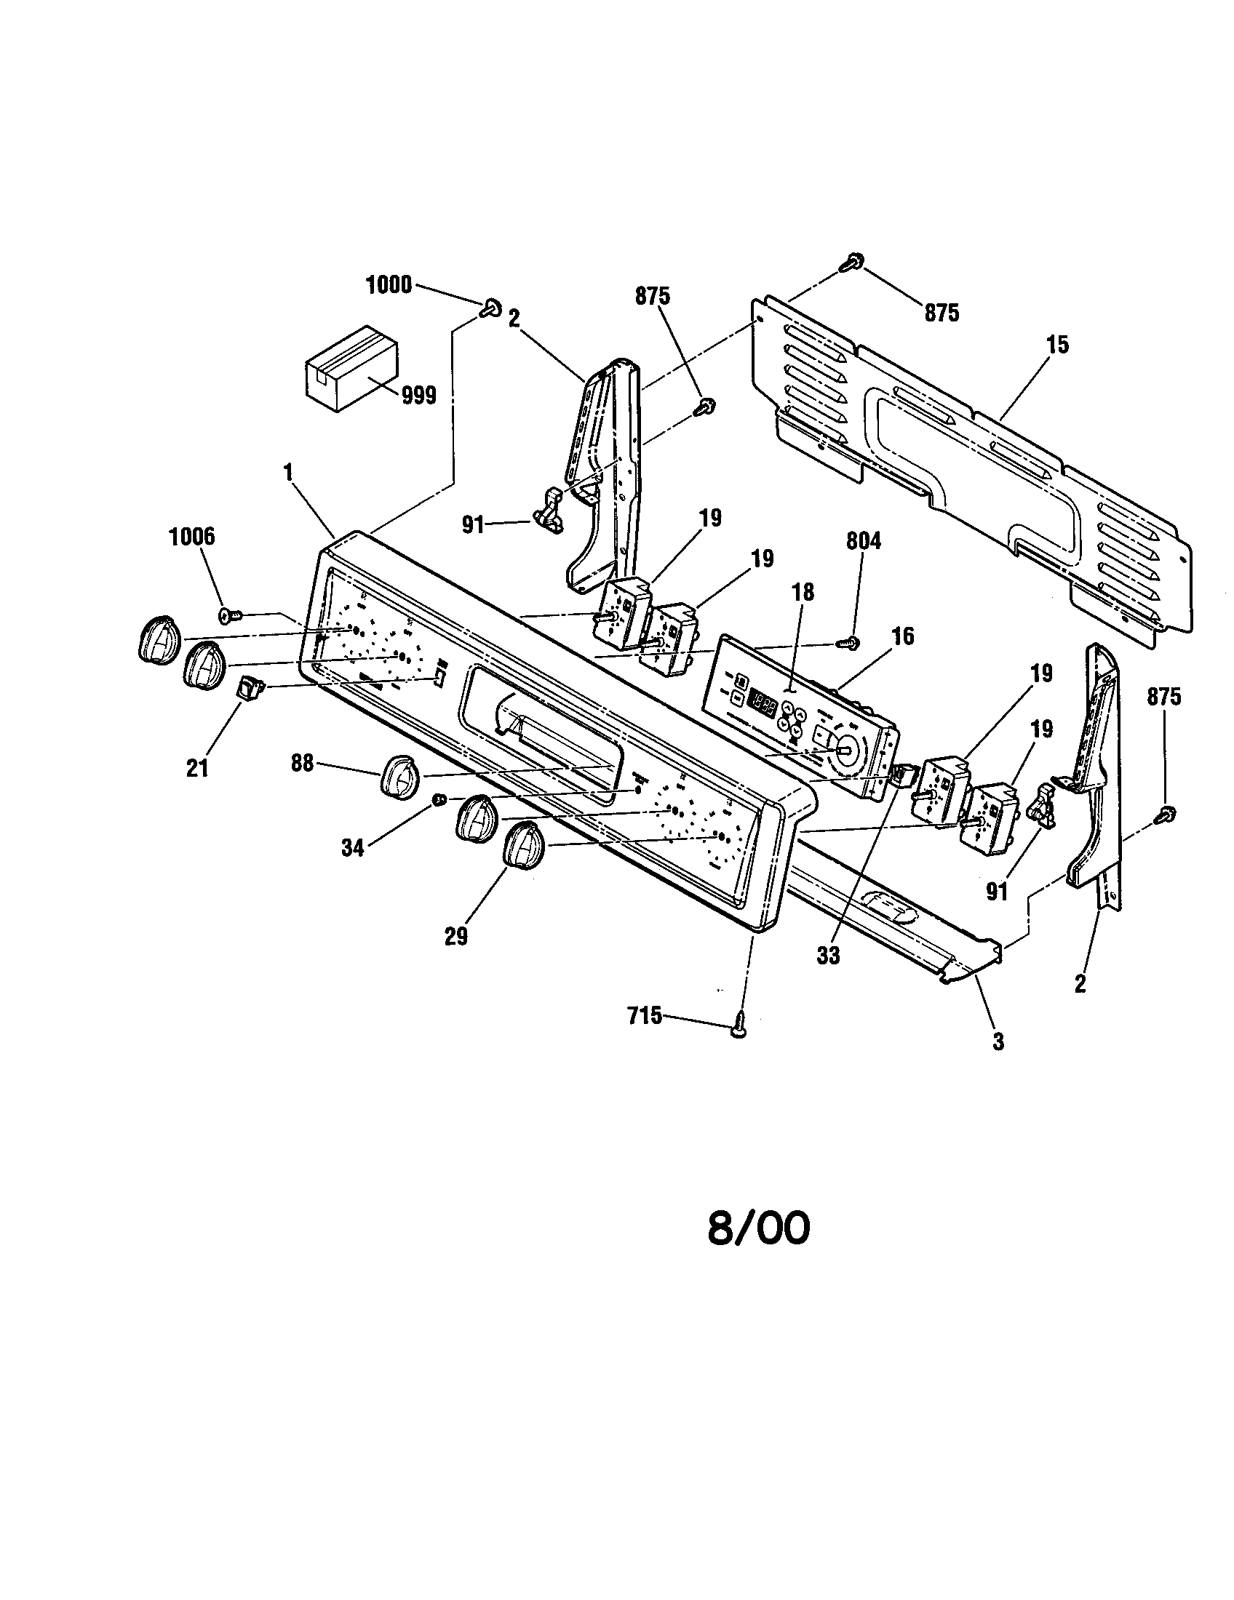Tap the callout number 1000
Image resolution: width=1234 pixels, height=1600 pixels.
389,285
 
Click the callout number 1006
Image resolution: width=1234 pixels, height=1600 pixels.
192,537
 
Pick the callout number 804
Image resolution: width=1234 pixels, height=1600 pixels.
863,541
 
